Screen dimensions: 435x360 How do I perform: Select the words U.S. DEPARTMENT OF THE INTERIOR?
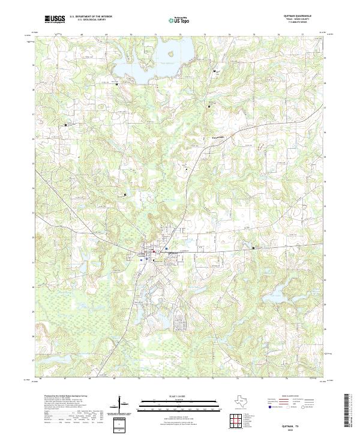click(x=91, y=16)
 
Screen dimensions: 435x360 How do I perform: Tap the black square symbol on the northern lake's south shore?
click(x=117, y=85)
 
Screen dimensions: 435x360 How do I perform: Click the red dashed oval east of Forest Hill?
click(x=260, y=146)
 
